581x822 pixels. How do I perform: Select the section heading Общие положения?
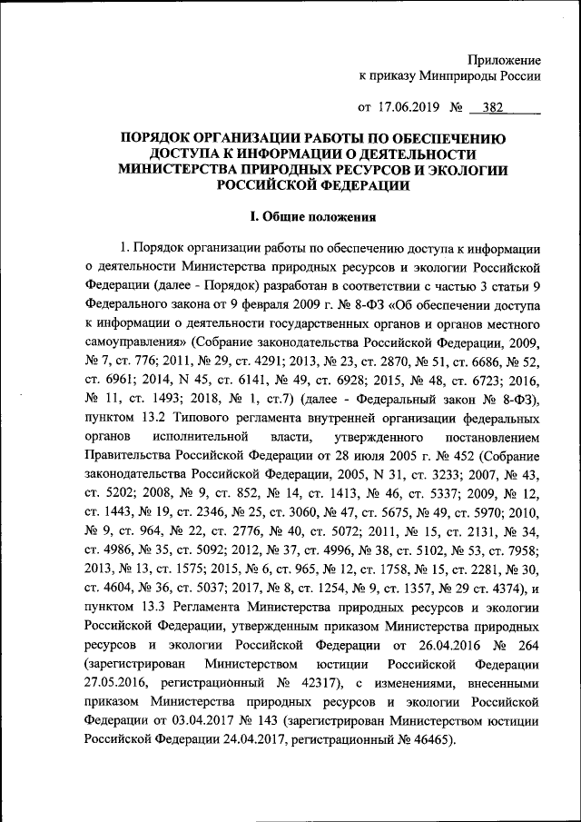click(312, 217)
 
